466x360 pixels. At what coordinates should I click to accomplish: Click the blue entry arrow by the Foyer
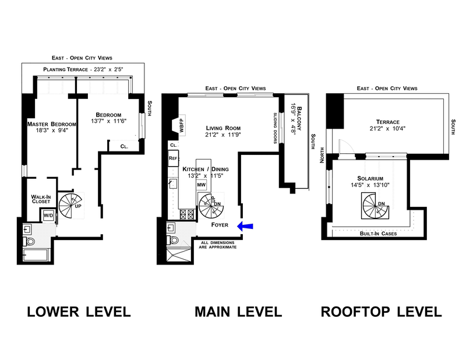(244, 226)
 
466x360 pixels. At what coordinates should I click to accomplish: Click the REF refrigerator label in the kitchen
(173, 158)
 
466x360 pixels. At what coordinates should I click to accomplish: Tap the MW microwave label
(201, 185)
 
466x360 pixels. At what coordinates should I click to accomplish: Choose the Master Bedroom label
(52, 124)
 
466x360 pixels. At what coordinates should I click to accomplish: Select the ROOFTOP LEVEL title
(382, 312)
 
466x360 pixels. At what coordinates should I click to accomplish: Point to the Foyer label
(221, 223)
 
